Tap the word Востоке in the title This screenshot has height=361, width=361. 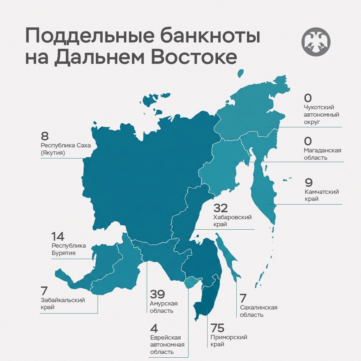pyautogui.click(x=194, y=57)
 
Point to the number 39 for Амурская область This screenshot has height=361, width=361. pyautogui.click(x=157, y=294)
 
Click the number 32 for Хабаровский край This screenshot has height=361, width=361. pyautogui.click(x=221, y=208)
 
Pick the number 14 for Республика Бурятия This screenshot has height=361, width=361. pyautogui.click(x=57, y=237)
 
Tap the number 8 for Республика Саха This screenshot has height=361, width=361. pyautogui.click(x=45, y=136)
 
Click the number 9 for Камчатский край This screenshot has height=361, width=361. pyautogui.click(x=309, y=183)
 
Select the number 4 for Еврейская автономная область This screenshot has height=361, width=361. pyautogui.click(x=154, y=328)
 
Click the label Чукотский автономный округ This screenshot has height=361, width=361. pyautogui.click(x=322, y=115)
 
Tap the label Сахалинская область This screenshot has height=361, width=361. pyautogui.click(x=259, y=311)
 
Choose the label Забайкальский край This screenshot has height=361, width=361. pyautogui.click(x=63, y=304)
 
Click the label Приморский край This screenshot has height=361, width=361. pyautogui.click(x=229, y=341)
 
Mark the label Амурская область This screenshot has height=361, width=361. pyautogui.click(x=164, y=307)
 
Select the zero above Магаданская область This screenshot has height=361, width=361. pyautogui.click(x=308, y=140)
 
